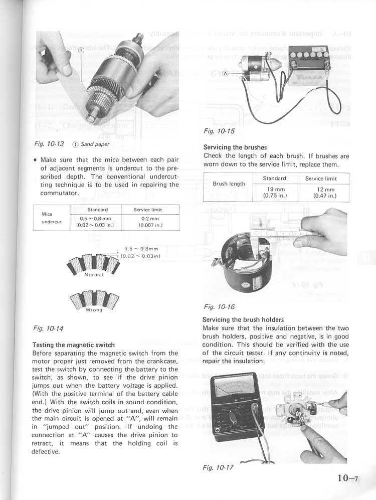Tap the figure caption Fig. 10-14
48,328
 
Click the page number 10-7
346,478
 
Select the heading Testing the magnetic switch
73,345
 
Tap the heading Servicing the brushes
235,147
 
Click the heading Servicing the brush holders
243,319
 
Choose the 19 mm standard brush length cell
274,191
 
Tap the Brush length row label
229,184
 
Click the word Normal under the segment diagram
94,275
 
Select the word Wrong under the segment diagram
94,310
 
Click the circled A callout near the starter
225,73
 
